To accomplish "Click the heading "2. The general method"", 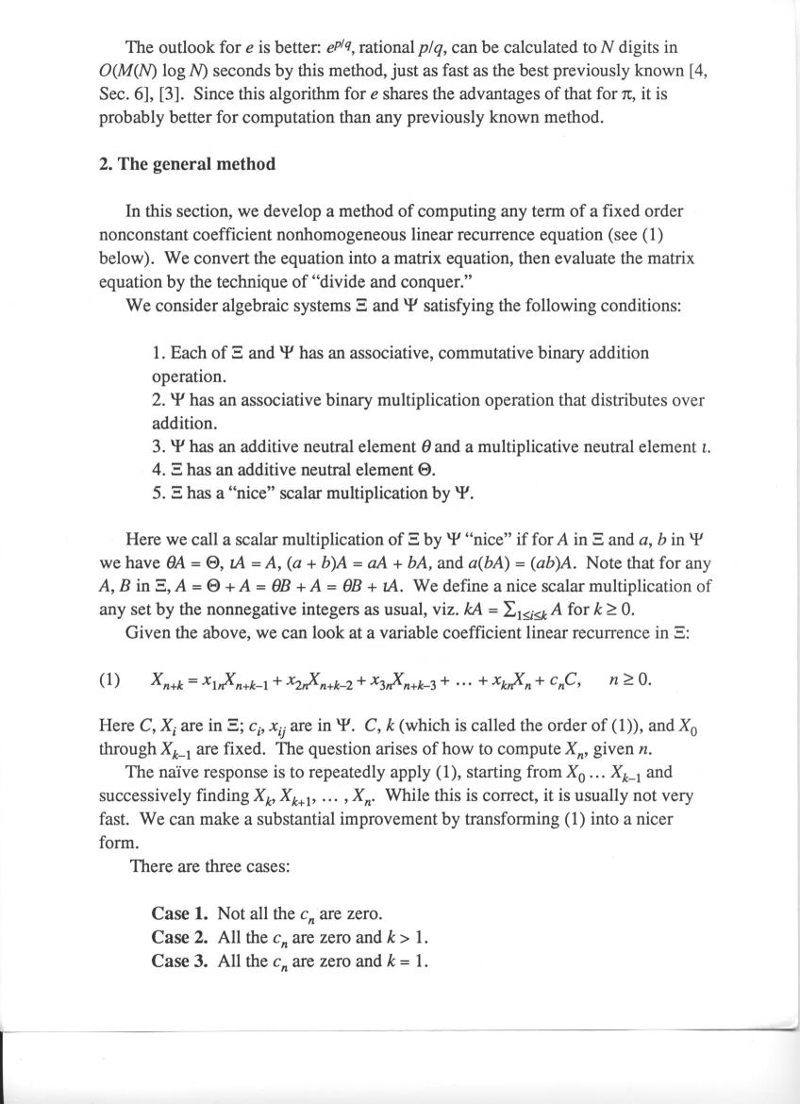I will tap(187, 164).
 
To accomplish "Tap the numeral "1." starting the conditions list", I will tap(158, 353).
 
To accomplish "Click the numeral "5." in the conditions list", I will tap(158, 493).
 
